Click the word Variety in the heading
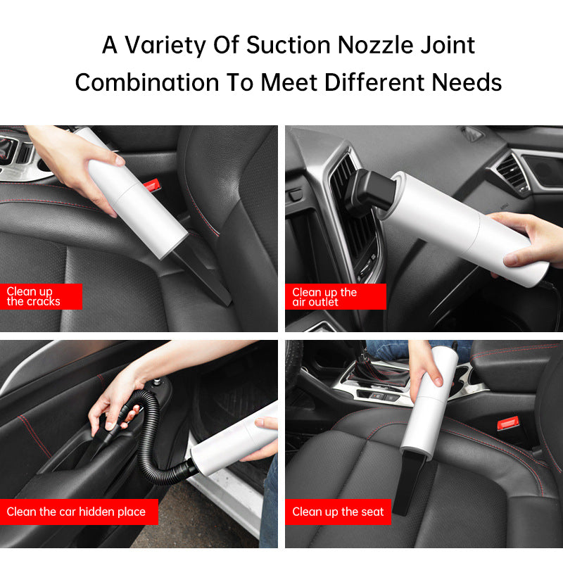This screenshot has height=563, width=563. [x=165, y=46]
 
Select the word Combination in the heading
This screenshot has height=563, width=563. [x=147, y=82]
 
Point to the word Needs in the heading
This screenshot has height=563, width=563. [x=467, y=82]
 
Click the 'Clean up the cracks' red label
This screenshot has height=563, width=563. [x=41, y=296]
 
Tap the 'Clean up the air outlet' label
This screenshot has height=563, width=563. [x=336, y=296]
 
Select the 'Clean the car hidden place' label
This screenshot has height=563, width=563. [x=79, y=512]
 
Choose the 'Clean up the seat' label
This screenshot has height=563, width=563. [x=338, y=512]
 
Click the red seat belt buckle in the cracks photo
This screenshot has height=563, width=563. [x=151, y=184]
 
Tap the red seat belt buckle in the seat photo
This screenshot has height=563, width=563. [x=507, y=423]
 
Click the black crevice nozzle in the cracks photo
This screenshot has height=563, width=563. [x=201, y=274]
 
